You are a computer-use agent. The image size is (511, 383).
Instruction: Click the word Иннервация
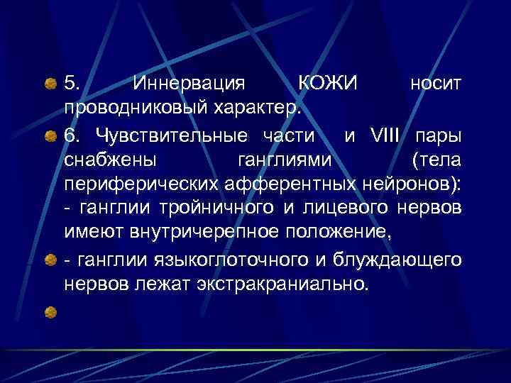click(189, 84)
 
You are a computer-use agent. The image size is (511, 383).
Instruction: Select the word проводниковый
click(131, 109)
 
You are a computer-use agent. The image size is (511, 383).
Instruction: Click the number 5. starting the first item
click(73, 84)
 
